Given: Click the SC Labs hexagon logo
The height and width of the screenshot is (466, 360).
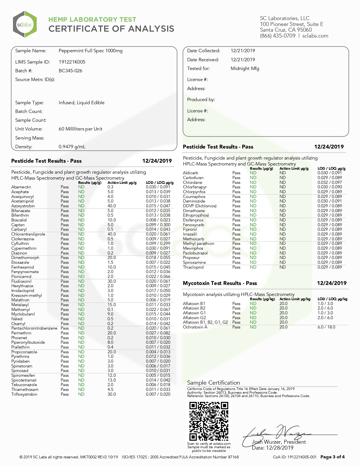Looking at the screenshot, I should coord(25,24).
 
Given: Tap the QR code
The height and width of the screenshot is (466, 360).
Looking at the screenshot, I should coord(209,421).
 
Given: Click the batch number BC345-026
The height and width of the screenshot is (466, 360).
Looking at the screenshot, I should coord(70,71).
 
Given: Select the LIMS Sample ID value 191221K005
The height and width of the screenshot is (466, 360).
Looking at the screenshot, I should coord(72,62).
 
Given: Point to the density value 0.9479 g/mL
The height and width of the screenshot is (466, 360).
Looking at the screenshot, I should coord(72,147).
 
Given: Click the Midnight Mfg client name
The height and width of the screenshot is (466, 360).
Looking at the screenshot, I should coord(245,68).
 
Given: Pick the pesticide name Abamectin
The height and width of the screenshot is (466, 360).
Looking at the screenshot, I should coord(21,187).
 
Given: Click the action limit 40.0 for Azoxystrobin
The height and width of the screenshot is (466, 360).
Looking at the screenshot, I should coord(112,206).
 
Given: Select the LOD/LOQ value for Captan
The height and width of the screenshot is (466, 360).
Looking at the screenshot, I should coord(158,225).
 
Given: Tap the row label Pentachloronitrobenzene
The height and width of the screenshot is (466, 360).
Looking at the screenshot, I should coord(34,328).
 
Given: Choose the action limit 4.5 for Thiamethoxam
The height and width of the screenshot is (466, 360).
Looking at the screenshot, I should coord(110,389).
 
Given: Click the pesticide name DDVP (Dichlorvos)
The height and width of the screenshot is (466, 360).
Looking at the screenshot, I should coord(200,206).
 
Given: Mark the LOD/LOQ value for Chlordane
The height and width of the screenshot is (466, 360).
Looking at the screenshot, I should coord(330,182).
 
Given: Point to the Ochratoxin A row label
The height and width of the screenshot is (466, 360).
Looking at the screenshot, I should coord(195,327).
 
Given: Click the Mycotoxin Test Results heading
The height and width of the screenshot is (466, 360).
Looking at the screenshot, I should coord(220,283).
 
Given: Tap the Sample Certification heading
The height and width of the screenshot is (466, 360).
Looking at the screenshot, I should coord(213,383).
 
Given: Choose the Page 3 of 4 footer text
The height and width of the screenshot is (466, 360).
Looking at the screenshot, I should coord(332,457).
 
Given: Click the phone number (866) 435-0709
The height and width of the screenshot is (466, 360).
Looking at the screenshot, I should coord(278,36).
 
